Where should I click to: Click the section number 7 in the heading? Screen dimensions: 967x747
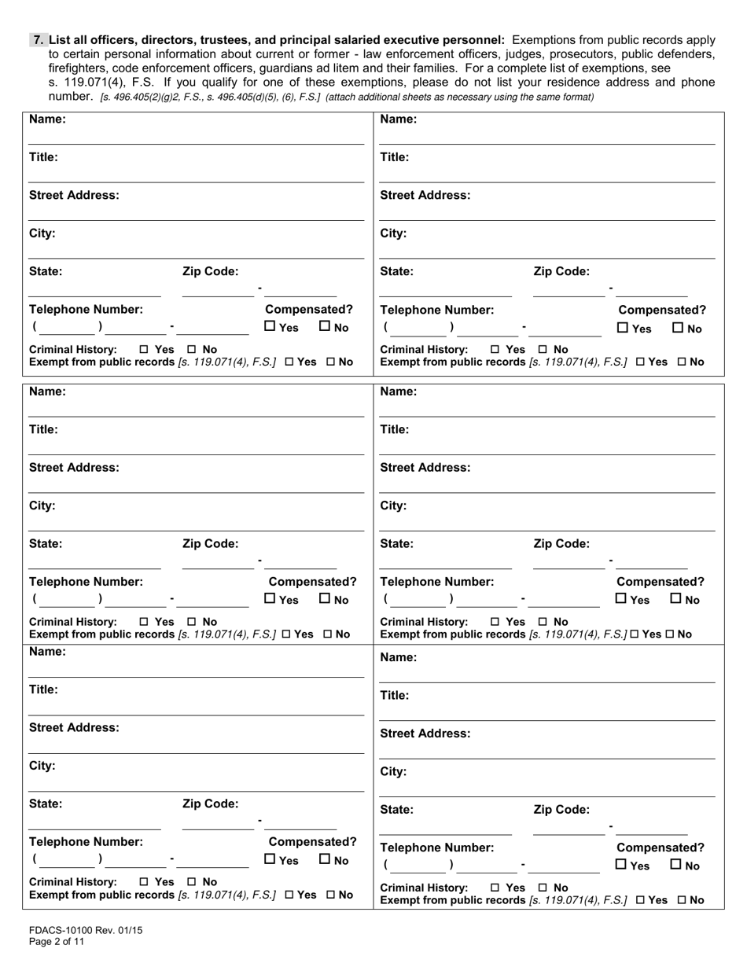(x=37, y=39)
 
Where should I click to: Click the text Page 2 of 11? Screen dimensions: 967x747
(x=57, y=941)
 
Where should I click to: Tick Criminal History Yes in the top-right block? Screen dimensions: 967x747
(x=495, y=349)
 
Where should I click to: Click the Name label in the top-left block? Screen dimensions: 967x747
(x=47, y=119)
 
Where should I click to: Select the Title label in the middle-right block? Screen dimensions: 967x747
(x=395, y=429)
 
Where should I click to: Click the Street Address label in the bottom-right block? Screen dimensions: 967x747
(x=425, y=734)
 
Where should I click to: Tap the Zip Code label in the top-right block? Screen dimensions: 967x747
(x=561, y=271)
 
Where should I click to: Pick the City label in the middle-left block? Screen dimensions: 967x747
(x=42, y=506)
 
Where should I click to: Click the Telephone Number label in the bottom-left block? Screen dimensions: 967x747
(x=86, y=841)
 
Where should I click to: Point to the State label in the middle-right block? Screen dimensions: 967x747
(x=396, y=543)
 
